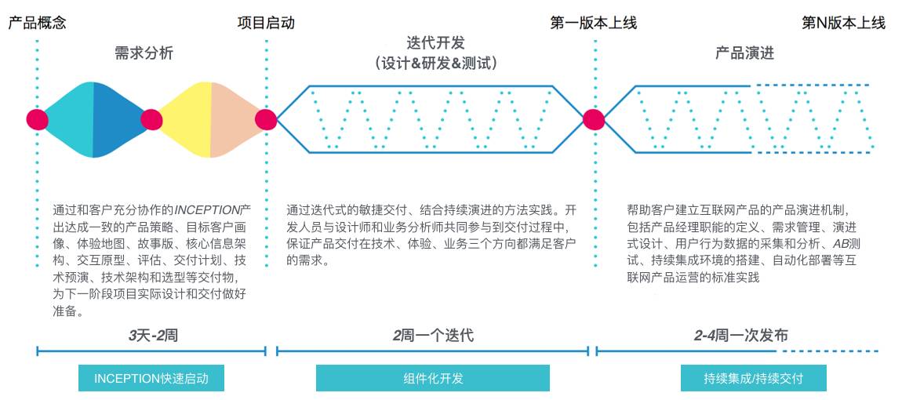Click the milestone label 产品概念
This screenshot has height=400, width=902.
37,23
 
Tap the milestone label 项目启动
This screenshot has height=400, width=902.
266,23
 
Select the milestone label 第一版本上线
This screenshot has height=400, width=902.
593,23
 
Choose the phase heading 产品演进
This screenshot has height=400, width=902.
744,53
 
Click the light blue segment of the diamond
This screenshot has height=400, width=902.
69,120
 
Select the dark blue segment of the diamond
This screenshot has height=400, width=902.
118,120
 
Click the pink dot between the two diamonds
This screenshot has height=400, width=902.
152,120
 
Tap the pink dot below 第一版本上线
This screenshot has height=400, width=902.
594,120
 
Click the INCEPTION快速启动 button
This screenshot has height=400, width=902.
151,378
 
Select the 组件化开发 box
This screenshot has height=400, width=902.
433,378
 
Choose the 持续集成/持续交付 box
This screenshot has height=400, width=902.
754,378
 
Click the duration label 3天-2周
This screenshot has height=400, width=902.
153,336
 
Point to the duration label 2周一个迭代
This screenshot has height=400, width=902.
433,336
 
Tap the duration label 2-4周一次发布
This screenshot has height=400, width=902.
740,336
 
